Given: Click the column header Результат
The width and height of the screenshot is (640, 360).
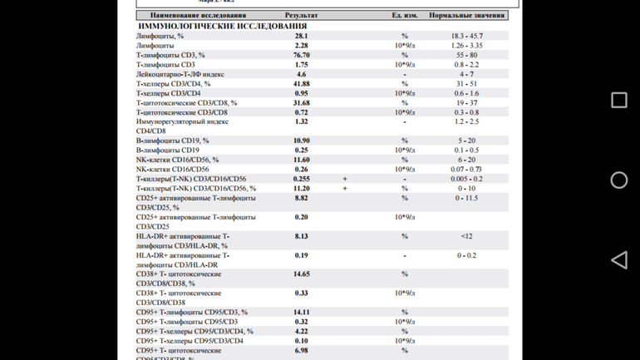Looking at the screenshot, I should click(x=301, y=16).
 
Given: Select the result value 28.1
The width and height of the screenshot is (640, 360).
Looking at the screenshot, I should click(x=301, y=37).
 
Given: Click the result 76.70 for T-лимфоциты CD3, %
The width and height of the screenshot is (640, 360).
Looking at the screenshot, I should click(x=301, y=55).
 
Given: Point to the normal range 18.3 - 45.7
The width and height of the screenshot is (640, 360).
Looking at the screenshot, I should click(x=466, y=37).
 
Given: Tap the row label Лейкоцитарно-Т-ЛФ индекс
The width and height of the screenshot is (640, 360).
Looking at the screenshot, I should click(x=180, y=74).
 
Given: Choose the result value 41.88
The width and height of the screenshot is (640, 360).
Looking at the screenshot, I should click(x=301, y=84).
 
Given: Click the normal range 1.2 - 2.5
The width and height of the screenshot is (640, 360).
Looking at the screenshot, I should click(x=466, y=122).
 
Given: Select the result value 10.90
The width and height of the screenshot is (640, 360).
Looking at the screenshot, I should click(x=301, y=141).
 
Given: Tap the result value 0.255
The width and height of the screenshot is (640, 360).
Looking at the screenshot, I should click(x=301, y=179).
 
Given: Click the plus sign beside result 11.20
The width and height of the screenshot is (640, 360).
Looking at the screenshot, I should click(x=345, y=189).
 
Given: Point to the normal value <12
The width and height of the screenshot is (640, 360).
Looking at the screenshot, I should click(x=466, y=236).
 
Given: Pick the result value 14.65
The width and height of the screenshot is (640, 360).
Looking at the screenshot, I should click(x=301, y=274).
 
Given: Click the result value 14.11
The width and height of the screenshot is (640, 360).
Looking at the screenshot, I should click(x=301, y=313).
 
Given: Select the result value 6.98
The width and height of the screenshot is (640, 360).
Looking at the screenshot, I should click(x=301, y=351).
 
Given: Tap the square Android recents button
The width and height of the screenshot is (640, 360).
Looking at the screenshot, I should click(x=619, y=101).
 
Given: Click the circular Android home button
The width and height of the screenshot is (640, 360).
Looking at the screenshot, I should click(x=619, y=180).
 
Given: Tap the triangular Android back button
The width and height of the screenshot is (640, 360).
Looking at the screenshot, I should click(x=618, y=260).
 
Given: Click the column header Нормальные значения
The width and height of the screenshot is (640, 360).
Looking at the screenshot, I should click(x=467, y=16).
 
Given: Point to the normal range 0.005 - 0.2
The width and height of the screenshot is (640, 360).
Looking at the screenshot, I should click(x=466, y=179).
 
